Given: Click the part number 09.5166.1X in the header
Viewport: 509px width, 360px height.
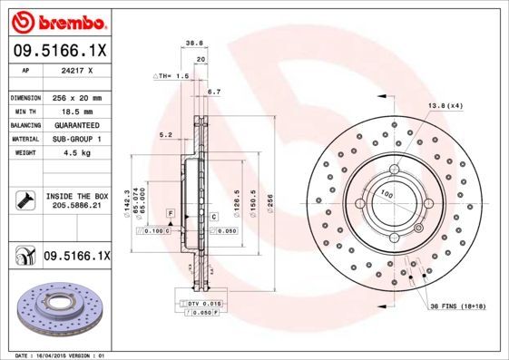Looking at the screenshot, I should point(59,53).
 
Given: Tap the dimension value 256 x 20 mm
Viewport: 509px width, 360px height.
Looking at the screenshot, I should point(78,97).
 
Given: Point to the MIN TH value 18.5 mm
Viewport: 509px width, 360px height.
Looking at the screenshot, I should point(78,110).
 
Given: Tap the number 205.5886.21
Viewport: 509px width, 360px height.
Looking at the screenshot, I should point(78,207).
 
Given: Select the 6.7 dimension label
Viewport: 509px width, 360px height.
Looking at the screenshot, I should point(215,92).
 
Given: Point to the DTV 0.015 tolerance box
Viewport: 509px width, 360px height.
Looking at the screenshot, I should point(204,302).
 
